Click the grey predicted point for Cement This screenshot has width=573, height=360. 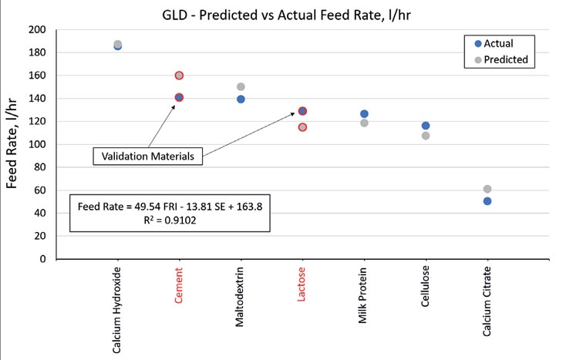(x=179, y=76)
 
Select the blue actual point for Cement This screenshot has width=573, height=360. (x=179, y=97)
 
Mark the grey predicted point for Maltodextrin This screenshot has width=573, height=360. (x=241, y=87)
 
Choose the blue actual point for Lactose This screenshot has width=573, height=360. (x=302, y=111)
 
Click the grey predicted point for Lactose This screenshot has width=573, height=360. (x=302, y=127)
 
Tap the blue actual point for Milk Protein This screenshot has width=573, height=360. (x=364, y=114)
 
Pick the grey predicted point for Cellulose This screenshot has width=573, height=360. (x=426, y=136)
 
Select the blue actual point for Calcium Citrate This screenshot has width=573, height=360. (x=487, y=201)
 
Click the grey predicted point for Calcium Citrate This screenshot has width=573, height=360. (x=487, y=189)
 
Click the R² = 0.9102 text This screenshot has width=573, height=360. (x=170, y=219)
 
